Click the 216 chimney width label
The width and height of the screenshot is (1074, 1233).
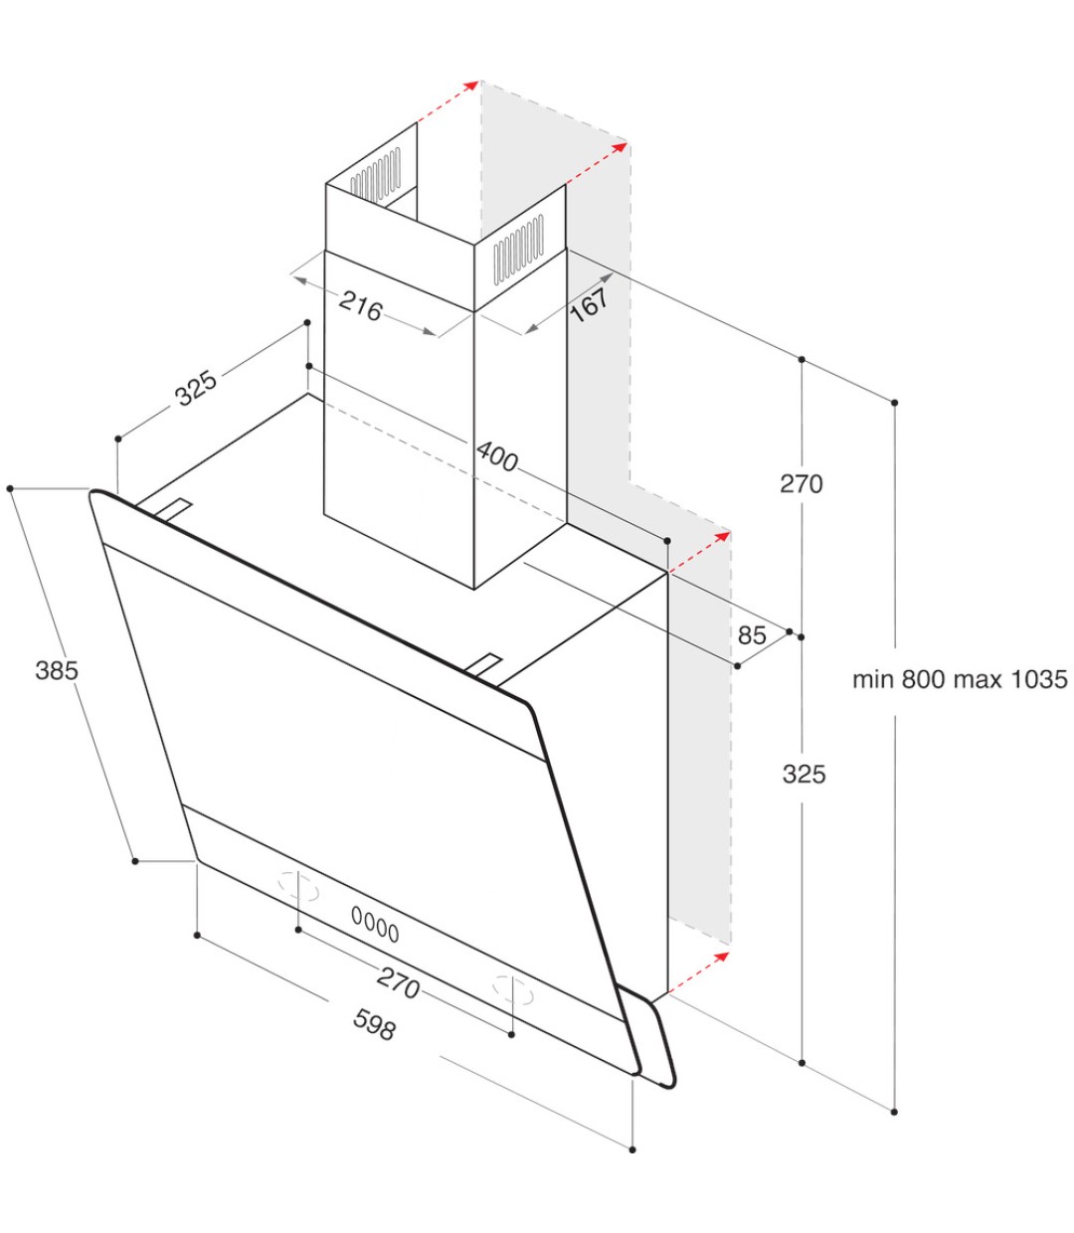[x=360, y=307]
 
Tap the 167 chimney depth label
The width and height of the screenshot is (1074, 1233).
[x=590, y=302]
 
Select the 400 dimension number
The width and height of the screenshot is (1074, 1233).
[x=497, y=456]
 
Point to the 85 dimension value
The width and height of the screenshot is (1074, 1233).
[x=752, y=634]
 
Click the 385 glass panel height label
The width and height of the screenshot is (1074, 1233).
[x=57, y=670]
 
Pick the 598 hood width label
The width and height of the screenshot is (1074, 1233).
[x=374, y=1024]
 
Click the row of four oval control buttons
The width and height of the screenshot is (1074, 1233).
[x=375, y=925]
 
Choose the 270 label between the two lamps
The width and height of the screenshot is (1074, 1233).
[x=398, y=982]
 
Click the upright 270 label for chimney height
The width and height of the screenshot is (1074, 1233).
[x=801, y=484]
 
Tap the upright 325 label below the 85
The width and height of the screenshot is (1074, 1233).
[x=804, y=774]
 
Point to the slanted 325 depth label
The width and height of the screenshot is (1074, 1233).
[x=196, y=388]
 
